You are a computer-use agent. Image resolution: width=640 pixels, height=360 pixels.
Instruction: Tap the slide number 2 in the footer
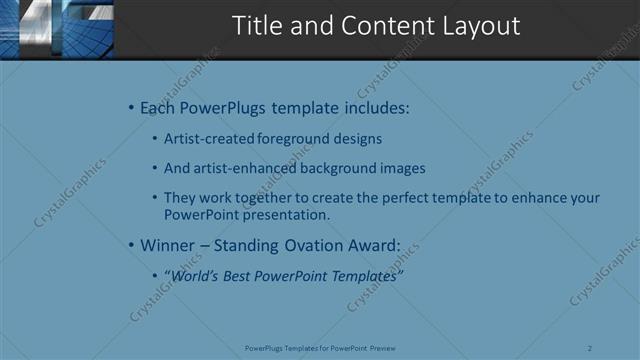tap(590, 348)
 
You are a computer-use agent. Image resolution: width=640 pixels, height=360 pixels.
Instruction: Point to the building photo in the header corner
tap(57, 29)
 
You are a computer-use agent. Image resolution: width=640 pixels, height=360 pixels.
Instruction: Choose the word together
tap(263, 198)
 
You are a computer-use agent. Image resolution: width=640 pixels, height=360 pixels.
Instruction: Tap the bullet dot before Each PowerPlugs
tap(131, 108)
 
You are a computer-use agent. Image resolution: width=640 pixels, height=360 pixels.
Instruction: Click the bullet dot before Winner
tap(131, 244)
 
